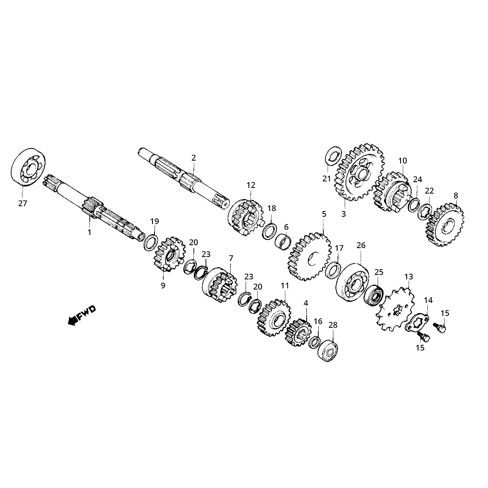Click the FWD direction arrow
[x=82, y=315]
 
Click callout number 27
[x=22, y=203]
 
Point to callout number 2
[x=194, y=157]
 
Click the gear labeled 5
[x=309, y=256]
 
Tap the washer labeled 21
[x=333, y=155]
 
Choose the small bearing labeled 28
[x=327, y=350]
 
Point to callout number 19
[x=155, y=221]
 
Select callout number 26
[x=361, y=245]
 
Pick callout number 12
[x=251, y=185]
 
